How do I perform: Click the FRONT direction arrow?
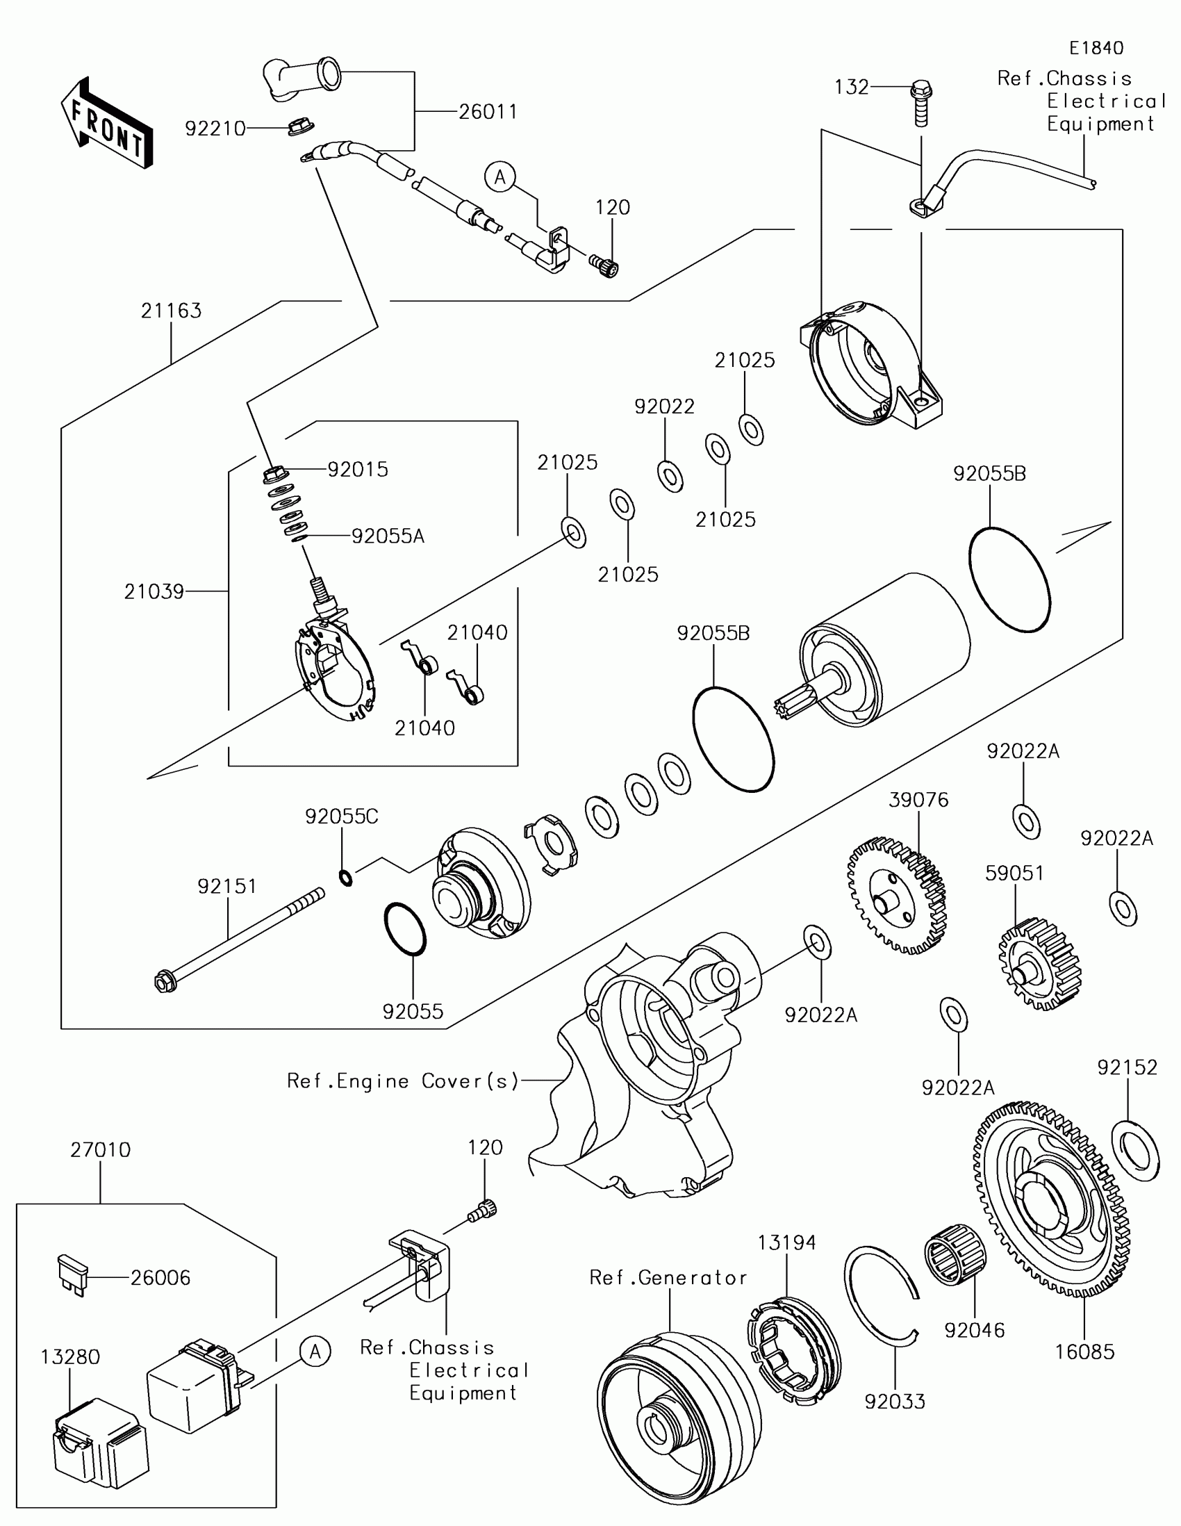(107, 122)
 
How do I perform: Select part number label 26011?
(488, 112)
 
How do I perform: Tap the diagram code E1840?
(1096, 47)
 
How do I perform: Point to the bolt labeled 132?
(922, 104)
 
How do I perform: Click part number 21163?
(171, 310)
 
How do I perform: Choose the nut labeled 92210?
(299, 129)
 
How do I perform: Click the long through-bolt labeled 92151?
(239, 940)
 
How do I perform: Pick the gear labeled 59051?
(1040, 965)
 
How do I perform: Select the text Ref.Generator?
(668, 1278)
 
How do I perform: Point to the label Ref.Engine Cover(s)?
(403, 1082)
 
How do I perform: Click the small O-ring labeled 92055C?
(346, 877)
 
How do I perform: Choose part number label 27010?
(101, 1150)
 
